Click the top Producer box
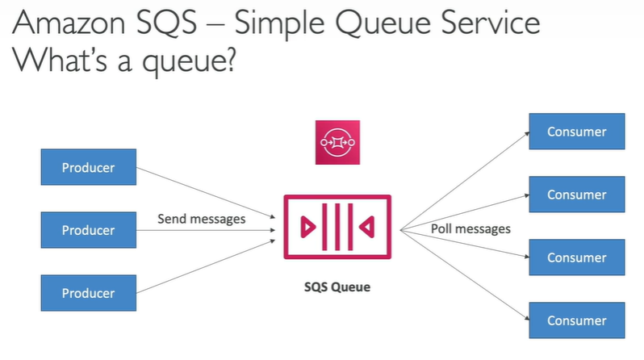pos(88,168)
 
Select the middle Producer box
pos(88,230)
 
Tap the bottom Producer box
pos(88,292)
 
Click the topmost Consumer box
pos(576,132)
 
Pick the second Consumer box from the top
pos(576,195)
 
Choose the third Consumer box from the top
pos(576,257)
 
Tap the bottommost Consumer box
pos(576,320)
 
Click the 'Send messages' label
pos(201,218)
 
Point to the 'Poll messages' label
pos(470,228)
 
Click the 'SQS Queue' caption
pos(337,287)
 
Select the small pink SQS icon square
pos(337,143)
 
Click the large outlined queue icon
pos(337,227)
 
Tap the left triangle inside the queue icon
pos(306,228)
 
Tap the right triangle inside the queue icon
pos(367,228)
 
